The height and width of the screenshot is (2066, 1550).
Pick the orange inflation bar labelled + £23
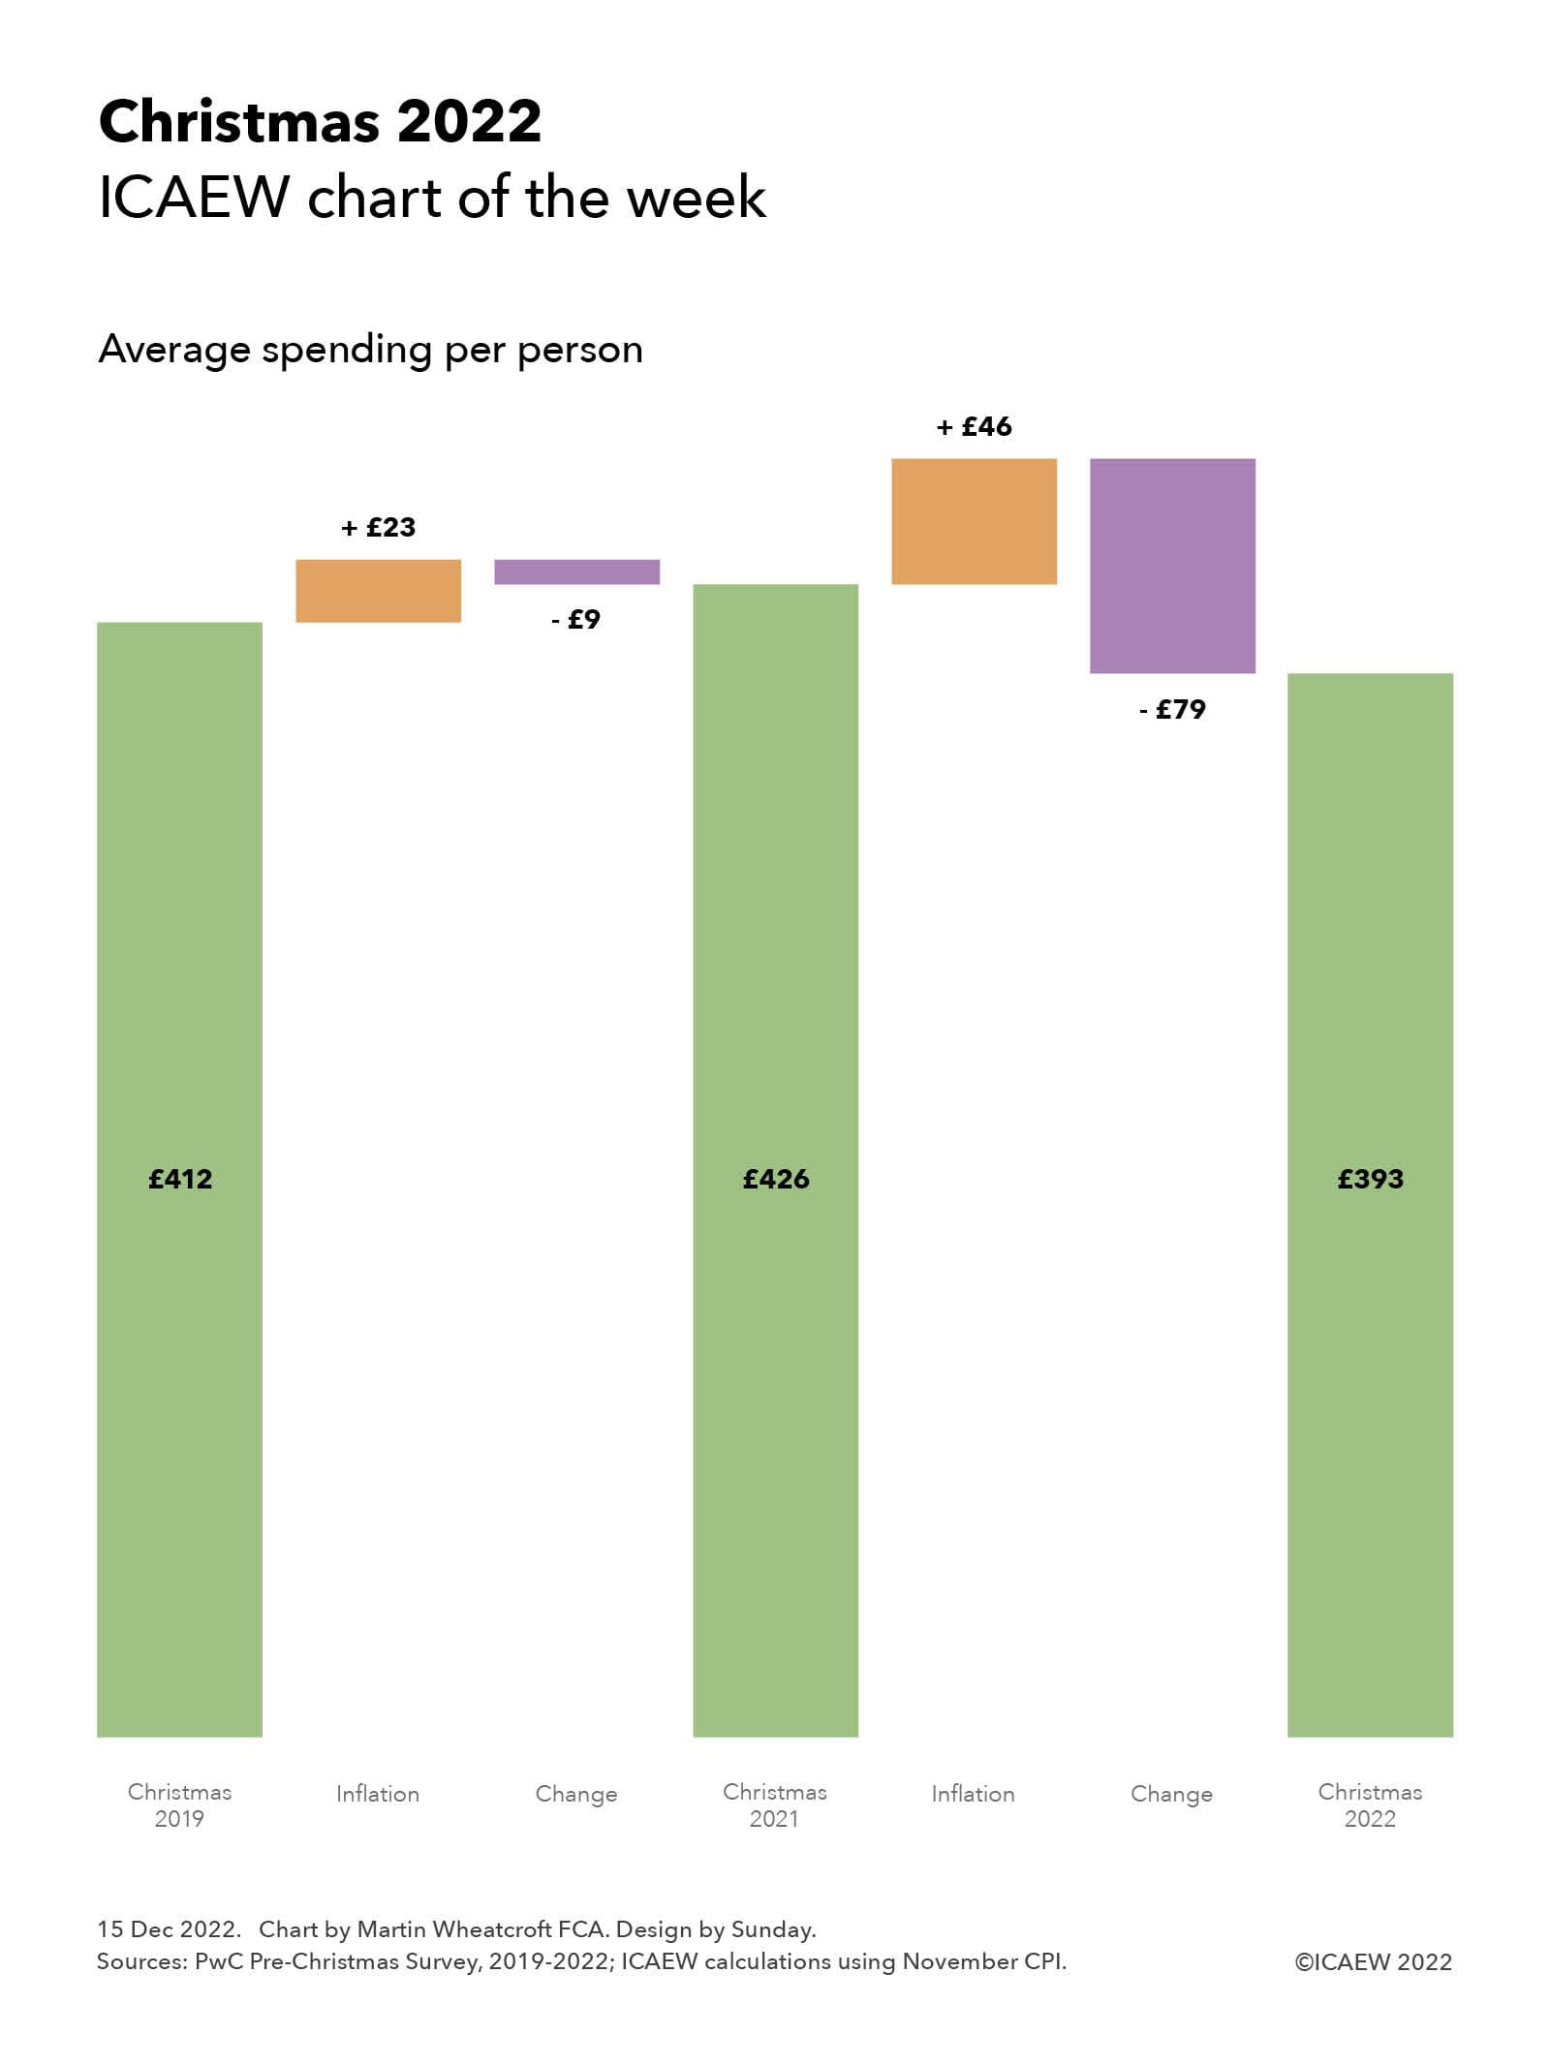(x=378, y=590)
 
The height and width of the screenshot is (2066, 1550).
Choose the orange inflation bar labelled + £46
(x=974, y=521)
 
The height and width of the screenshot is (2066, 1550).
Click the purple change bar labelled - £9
(x=576, y=571)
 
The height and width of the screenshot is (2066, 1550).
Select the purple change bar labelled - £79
(x=1172, y=566)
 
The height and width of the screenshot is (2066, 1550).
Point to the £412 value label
(x=180, y=1179)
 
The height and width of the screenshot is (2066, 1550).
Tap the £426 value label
(x=775, y=1179)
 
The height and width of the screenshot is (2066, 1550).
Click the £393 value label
(x=1370, y=1179)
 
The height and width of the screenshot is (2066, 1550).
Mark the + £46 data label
(x=974, y=426)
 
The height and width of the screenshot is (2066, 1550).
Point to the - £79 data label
(x=1172, y=709)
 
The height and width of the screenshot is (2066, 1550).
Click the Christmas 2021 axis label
(x=775, y=1804)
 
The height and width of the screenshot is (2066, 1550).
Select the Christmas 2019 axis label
(x=179, y=1804)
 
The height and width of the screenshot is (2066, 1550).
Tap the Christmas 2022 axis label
(x=1370, y=1804)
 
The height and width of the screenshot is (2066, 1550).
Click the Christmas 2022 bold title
(x=320, y=122)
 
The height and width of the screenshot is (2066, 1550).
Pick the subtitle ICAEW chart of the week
(x=432, y=198)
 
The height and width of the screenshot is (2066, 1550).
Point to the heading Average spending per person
(x=370, y=350)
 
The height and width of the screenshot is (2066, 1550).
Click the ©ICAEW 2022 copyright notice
(x=1373, y=1961)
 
